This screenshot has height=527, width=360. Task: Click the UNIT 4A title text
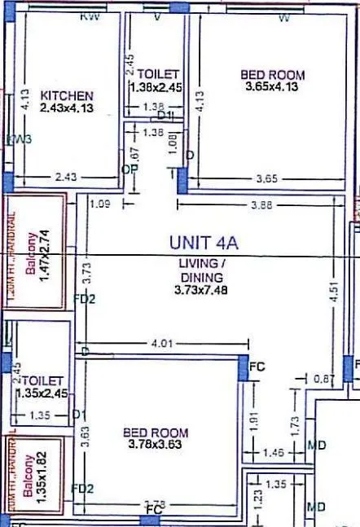pos(203,242)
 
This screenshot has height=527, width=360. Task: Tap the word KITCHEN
pos(67,95)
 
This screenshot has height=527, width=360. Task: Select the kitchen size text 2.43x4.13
pos(67,108)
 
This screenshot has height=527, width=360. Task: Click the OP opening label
pos(126,169)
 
